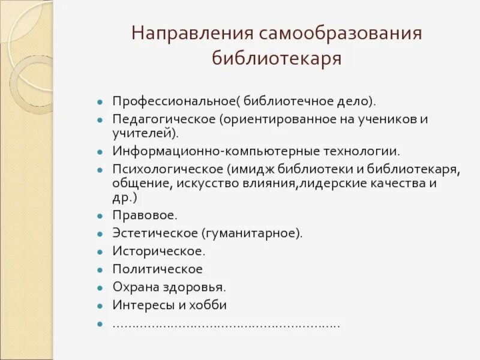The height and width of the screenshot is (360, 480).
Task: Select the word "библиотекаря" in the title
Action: point(277,59)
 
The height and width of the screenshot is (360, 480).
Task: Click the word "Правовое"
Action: point(137,214)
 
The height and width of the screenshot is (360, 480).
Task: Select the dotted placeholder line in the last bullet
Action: point(226,324)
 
